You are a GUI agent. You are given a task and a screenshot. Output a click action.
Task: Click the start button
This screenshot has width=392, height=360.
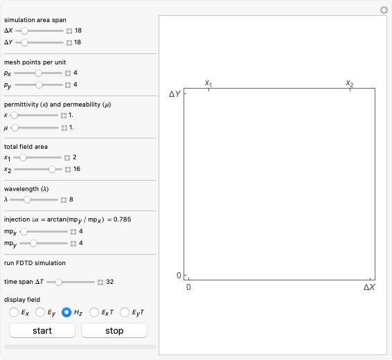point(42,330)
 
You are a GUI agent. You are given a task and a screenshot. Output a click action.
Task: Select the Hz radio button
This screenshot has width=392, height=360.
point(67,312)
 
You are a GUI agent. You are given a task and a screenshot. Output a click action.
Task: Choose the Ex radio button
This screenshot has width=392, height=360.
point(14,312)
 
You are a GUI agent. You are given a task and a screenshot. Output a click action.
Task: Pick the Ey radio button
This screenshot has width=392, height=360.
point(40,312)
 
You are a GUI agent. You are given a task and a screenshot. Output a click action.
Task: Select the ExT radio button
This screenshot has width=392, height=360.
point(94,312)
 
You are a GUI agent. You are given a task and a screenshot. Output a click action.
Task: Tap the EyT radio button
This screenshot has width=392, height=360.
point(125,312)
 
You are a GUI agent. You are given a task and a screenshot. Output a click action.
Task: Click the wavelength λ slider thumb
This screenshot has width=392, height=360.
point(27,199)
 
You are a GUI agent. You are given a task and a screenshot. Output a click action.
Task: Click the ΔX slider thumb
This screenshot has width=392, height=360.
point(25,30)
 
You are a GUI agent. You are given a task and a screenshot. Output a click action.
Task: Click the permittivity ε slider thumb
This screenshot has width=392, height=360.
point(14,115)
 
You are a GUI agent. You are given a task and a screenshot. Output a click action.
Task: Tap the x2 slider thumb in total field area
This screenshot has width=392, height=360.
point(52,168)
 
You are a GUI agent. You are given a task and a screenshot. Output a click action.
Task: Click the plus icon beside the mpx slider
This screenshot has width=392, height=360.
point(73,231)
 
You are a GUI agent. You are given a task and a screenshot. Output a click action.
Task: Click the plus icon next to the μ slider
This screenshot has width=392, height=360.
point(64,127)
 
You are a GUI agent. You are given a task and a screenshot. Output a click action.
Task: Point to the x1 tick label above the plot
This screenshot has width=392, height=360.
point(208,83)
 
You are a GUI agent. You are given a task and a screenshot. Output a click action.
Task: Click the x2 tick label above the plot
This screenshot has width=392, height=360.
point(350,83)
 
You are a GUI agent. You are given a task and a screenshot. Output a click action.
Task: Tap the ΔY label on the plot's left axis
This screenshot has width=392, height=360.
point(175,93)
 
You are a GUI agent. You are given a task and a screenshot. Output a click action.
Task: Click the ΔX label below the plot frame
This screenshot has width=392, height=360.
point(369,287)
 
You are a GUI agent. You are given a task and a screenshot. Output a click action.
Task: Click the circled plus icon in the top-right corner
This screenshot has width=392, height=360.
point(383,10)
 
